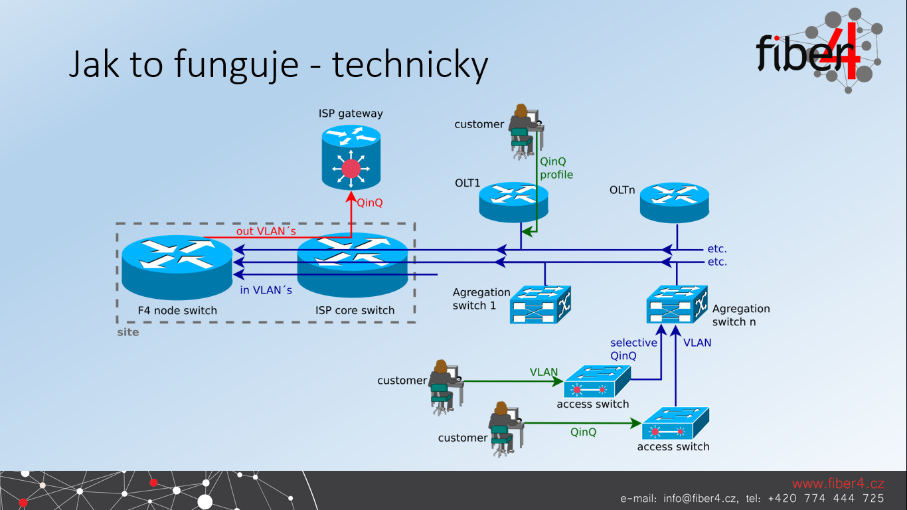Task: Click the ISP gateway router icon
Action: tap(351, 157)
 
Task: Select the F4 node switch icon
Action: tap(177, 268)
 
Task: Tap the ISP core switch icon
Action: tap(353, 266)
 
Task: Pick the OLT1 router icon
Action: tap(513, 202)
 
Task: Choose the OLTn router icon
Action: tap(674, 202)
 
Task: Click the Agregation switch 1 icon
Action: tap(540, 305)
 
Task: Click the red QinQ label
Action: tap(369, 203)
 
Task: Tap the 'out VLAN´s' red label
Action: tap(266, 231)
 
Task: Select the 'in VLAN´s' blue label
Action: tap(266, 290)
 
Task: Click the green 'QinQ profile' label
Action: tap(556, 168)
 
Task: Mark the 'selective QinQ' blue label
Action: tap(633, 349)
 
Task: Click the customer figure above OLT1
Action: tap(526, 131)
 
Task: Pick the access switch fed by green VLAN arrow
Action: tap(597, 382)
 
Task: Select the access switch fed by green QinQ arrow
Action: tap(675, 423)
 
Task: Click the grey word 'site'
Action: tap(128, 332)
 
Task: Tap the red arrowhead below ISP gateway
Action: tap(351, 197)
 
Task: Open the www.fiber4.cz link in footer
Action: tap(838, 483)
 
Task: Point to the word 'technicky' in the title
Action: tap(410, 65)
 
